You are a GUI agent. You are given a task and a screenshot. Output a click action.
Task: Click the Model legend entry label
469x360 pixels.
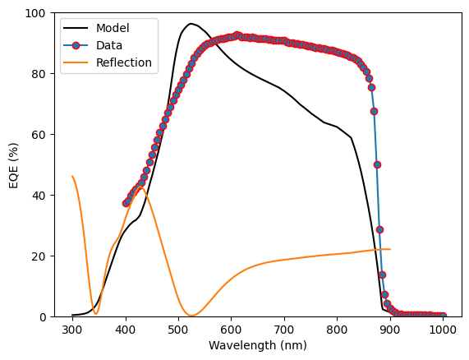(x=113, y=28)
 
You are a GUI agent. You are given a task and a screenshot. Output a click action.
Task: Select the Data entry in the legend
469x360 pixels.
(x=109, y=45)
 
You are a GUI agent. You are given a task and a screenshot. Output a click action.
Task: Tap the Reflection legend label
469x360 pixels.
(x=124, y=62)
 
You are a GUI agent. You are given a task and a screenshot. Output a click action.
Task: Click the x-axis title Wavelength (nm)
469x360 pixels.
(x=258, y=345)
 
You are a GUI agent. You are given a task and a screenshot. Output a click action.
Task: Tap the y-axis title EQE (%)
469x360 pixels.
(x=14, y=165)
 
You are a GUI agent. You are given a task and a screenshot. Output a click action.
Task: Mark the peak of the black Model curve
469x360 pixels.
(x=191, y=24)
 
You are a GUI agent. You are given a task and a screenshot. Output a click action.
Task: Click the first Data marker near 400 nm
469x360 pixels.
(x=126, y=204)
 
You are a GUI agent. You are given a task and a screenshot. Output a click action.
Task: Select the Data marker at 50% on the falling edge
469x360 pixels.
(x=378, y=164)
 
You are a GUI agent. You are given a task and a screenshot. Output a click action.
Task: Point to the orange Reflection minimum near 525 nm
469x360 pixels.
(x=191, y=315)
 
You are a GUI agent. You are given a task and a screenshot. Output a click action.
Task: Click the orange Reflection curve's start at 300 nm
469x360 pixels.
(x=72, y=176)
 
